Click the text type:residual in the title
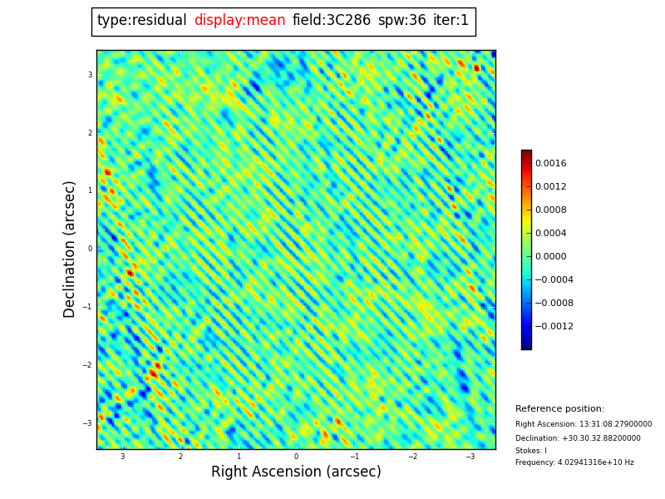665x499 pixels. [141, 21]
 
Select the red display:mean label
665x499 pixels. [239, 21]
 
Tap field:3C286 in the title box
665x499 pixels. [331, 21]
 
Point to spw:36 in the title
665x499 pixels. [401, 21]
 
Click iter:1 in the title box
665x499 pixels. [451, 21]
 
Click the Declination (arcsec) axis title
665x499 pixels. [71, 249]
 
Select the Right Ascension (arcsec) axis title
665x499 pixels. [296, 472]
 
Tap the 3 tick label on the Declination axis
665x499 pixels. [90, 75]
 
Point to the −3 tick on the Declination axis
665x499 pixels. [87, 423]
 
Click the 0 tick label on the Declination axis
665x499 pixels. [90, 249]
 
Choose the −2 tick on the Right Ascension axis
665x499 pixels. [412, 457]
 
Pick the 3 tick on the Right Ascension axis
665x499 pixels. [122, 457]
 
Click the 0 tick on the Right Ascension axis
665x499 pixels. [296, 457]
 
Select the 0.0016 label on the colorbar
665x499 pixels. [550, 164]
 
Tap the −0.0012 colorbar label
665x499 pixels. [554, 327]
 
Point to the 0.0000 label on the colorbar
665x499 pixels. [550, 257]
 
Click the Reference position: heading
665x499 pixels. [559, 409]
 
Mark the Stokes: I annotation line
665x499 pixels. [530, 451]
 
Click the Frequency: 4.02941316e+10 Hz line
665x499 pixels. [574, 462]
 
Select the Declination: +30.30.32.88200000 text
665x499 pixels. [578, 438]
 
